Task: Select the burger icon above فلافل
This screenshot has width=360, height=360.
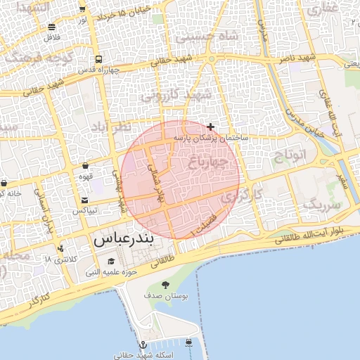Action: pos(52,27)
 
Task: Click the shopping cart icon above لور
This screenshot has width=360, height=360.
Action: pos(82,9)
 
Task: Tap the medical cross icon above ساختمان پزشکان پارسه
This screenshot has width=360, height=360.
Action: pos(211,127)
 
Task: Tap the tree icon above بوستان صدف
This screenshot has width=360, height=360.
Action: pos(165,285)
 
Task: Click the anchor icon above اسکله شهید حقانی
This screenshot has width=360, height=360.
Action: pos(143,345)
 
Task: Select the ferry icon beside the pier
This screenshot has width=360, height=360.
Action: pos(190,343)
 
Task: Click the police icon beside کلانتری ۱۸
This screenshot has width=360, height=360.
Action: pos(60,248)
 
